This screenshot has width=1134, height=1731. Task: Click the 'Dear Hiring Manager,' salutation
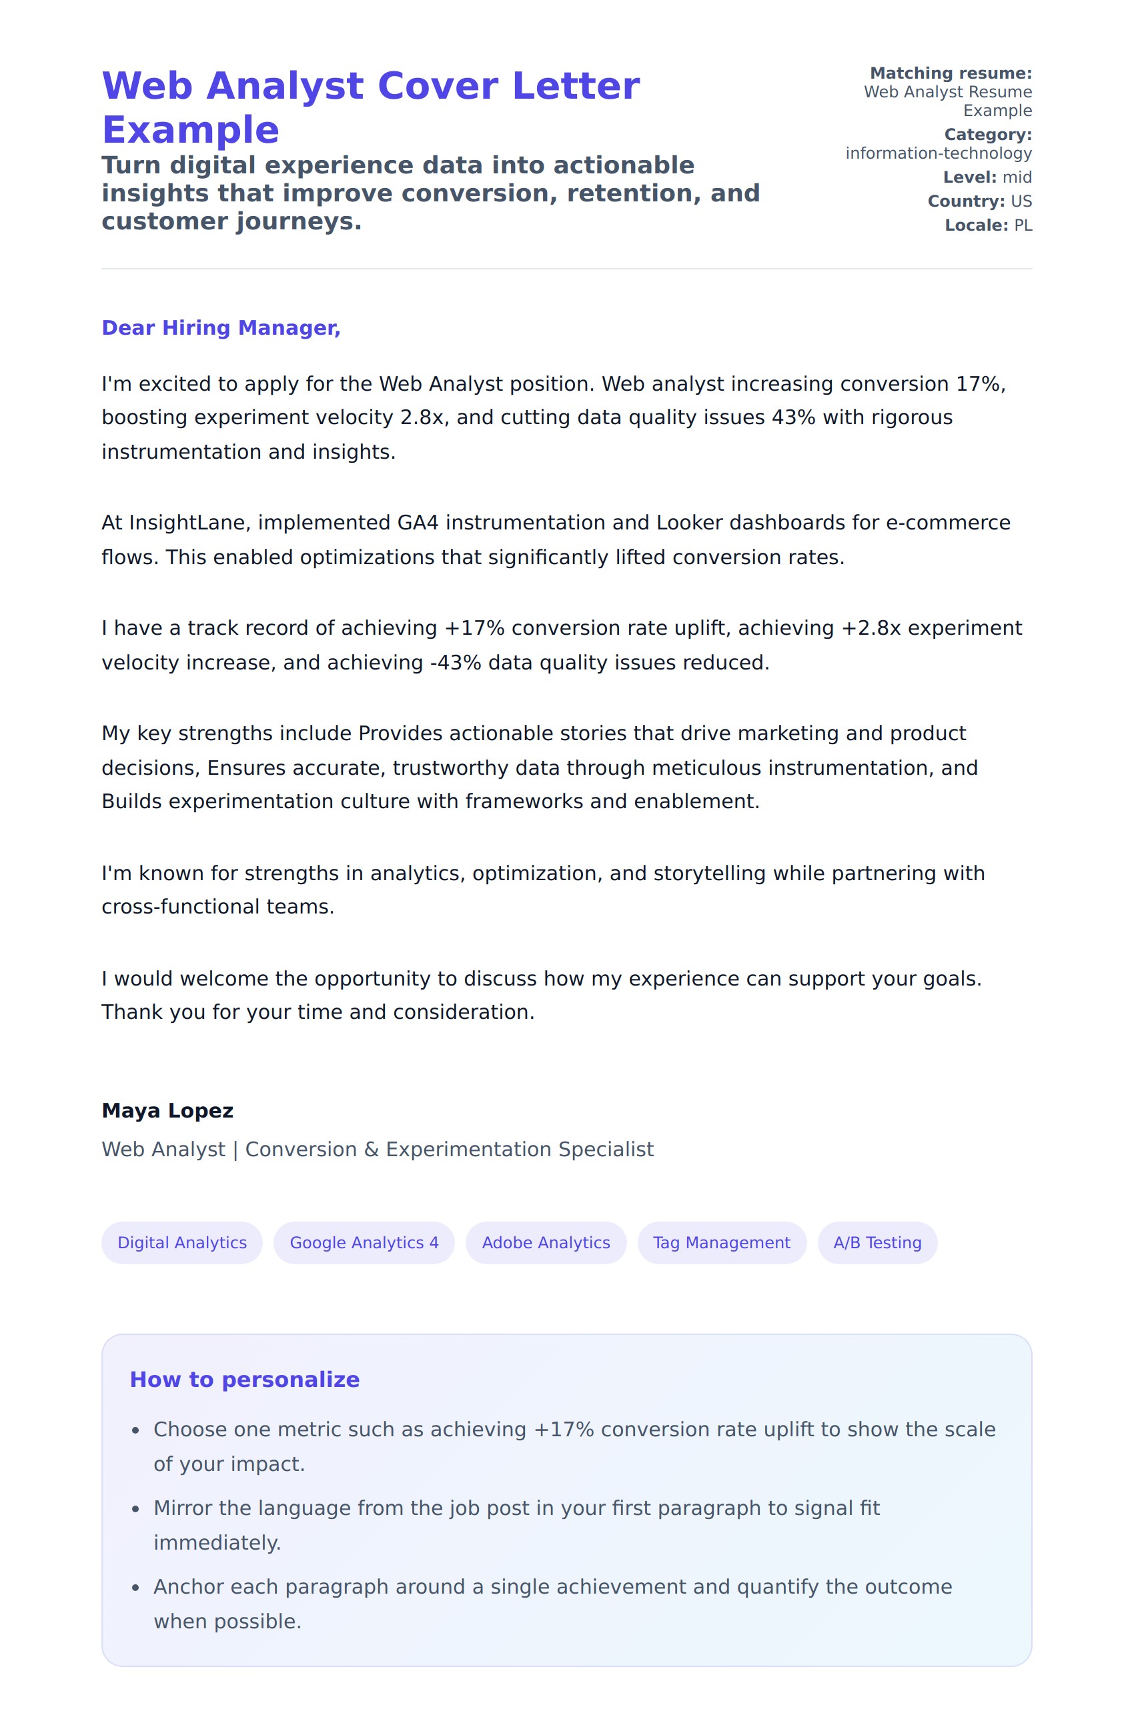(220, 328)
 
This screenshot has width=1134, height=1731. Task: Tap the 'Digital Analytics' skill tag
(182, 1242)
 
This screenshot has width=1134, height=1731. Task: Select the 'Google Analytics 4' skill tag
(364, 1242)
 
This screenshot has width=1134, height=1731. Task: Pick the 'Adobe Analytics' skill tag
(546, 1242)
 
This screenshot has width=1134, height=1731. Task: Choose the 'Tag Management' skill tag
(721, 1242)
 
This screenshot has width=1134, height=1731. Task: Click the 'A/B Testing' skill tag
(877, 1242)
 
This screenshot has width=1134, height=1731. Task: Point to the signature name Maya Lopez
(167, 1111)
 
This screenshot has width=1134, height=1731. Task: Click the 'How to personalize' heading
(244, 1380)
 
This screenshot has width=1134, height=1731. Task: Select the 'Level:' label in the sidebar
(969, 177)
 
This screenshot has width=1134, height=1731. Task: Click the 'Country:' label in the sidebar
(965, 201)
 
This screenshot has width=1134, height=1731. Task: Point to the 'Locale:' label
(975, 225)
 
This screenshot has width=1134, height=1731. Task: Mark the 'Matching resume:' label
(950, 73)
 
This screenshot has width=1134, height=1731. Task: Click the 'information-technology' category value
(938, 153)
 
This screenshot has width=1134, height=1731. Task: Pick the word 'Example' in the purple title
(191, 130)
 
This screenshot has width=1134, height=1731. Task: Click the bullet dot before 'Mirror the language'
(135, 1509)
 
